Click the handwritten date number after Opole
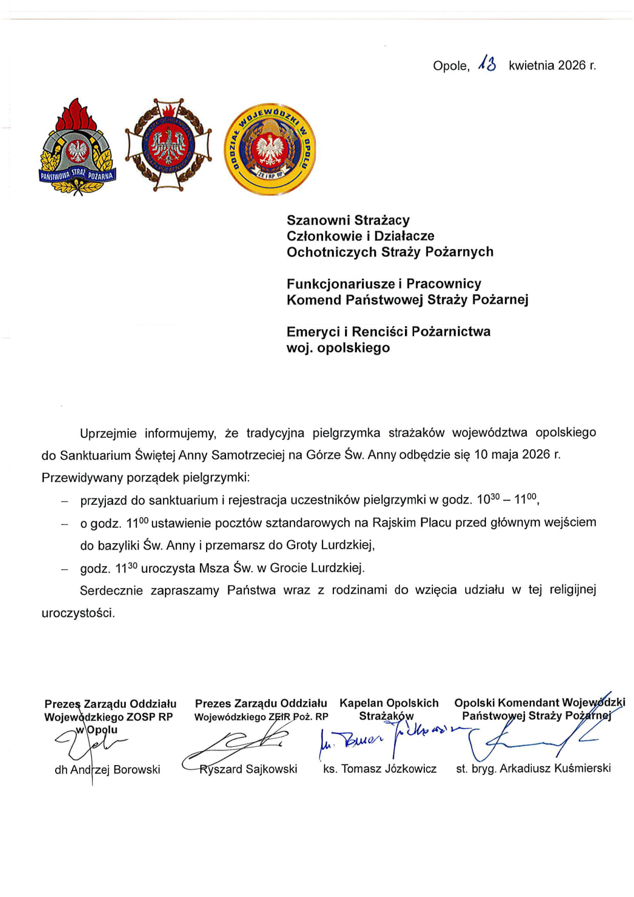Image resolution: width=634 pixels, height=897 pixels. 487,64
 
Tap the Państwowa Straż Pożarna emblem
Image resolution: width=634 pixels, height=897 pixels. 78,147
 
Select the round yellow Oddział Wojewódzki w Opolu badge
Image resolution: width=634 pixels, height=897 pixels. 270,148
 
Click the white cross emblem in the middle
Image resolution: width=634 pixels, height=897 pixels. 168,146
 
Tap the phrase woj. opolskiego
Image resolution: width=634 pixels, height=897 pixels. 338,348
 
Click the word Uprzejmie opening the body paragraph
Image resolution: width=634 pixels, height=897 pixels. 108,434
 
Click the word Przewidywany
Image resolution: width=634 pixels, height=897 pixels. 78,478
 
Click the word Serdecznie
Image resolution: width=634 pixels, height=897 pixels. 111,591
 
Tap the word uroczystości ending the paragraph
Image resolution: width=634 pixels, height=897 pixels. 78,613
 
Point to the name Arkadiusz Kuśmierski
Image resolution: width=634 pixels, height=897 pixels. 555,768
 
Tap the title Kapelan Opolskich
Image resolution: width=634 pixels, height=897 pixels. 389,703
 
